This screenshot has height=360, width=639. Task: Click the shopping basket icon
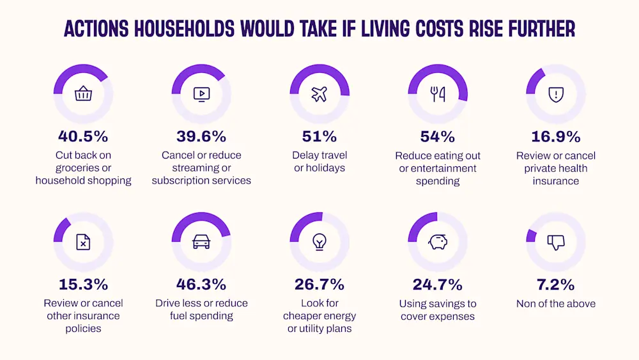(x=83, y=95)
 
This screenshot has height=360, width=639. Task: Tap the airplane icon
(x=319, y=95)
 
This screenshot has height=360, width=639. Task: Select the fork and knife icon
(x=438, y=95)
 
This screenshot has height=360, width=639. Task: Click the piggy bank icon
(x=438, y=242)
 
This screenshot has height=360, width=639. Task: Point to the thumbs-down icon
(x=556, y=242)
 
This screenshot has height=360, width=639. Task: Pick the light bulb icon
(x=319, y=242)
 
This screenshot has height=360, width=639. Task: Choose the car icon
(x=201, y=242)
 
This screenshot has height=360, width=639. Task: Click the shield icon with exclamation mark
(x=556, y=95)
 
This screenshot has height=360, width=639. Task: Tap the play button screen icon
(x=201, y=95)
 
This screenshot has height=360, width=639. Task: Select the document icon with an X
(x=83, y=242)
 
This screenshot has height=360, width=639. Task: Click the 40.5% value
(x=83, y=136)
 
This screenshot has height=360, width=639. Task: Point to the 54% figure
(x=438, y=136)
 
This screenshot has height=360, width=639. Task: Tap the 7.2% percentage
(x=556, y=284)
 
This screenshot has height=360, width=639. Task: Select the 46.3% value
(x=201, y=284)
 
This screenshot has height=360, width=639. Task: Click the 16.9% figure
(x=556, y=136)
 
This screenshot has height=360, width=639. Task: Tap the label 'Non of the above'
(x=556, y=304)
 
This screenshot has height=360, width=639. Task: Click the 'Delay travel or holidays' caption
(x=319, y=162)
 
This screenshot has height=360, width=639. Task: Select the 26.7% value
(x=319, y=284)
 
